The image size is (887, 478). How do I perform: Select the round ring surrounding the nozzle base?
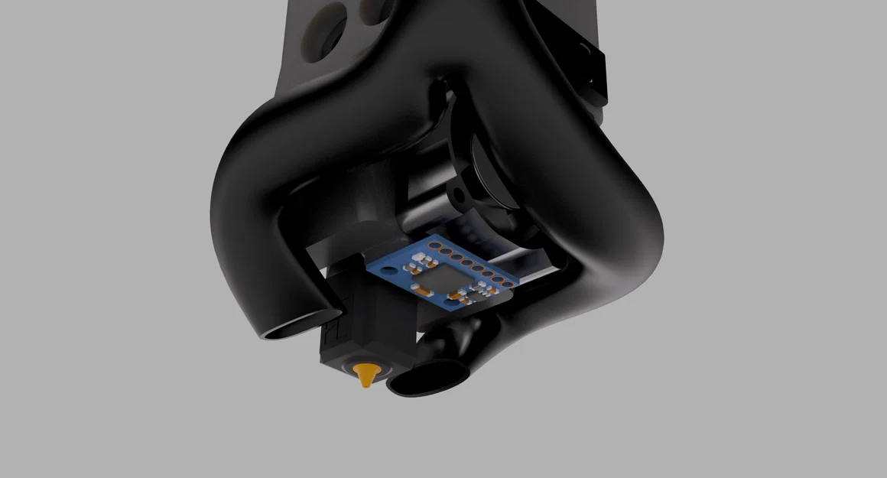[366, 366]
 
